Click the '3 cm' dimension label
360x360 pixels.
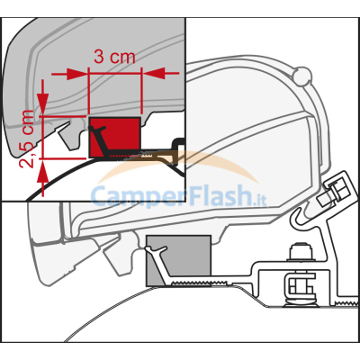point(114,57)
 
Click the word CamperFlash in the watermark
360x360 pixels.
point(171,195)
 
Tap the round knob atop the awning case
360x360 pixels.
point(301,75)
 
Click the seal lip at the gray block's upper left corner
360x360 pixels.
point(155,249)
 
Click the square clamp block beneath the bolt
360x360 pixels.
point(299,284)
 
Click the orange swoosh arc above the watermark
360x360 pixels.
point(180,159)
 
